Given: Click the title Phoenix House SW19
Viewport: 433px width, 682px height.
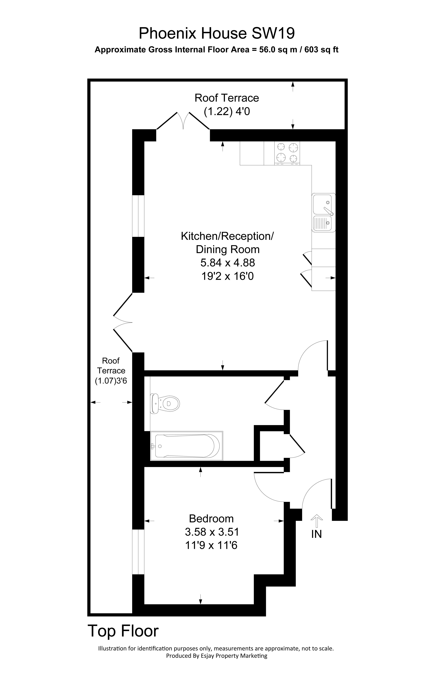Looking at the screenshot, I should (x=216, y=33).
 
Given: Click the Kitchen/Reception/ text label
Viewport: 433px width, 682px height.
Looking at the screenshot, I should (x=227, y=236).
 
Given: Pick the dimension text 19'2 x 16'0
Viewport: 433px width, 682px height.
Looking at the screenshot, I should (x=227, y=276).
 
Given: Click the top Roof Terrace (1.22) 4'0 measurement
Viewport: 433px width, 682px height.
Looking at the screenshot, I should (x=227, y=112).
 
